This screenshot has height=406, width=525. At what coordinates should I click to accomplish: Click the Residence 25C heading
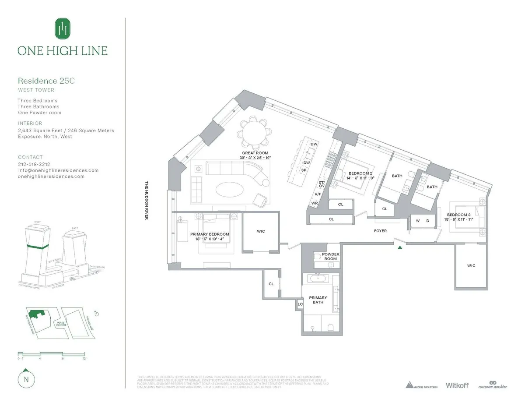43,81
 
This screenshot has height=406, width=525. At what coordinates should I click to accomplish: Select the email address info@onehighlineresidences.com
58,170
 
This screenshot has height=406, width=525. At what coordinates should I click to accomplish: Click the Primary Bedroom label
210,234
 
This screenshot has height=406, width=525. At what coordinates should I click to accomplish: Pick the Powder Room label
330,256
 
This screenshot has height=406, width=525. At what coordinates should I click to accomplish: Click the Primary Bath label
318,300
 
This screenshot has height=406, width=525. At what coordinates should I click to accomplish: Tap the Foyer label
380,231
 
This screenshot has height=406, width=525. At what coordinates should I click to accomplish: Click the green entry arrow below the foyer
399,247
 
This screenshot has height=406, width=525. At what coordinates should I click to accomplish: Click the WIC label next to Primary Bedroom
261,231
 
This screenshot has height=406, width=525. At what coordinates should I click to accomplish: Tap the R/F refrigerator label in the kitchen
318,194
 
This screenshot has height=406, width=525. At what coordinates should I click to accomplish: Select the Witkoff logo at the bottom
457,385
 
